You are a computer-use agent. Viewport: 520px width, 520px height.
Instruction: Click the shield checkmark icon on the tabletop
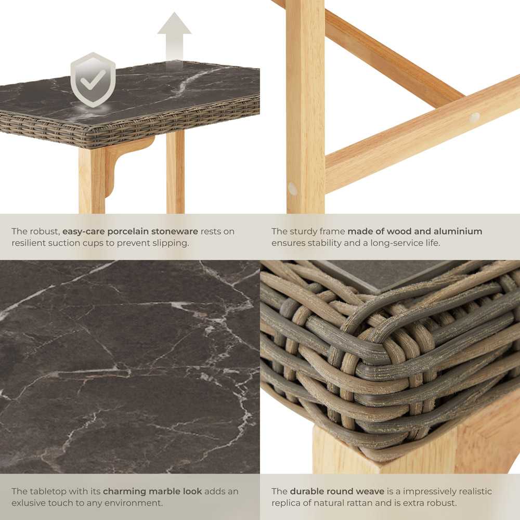tap(93, 80)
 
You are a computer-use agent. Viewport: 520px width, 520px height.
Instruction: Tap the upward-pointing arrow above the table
tap(174, 40)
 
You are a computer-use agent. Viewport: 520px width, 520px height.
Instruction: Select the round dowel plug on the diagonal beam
tap(474, 118)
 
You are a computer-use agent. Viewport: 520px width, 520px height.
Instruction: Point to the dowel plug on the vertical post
tap(293, 189)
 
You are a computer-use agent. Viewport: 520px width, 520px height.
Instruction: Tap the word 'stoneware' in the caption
tap(175, 231)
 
